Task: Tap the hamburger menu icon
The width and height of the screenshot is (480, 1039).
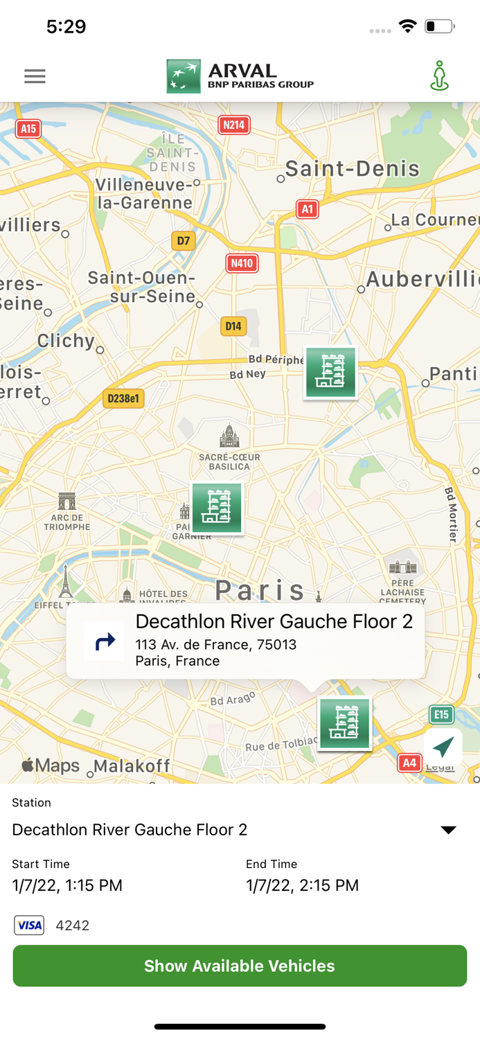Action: pos(35,76)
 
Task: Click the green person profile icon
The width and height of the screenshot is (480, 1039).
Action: pos(439,76)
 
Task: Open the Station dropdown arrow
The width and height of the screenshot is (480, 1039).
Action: pos(448,830)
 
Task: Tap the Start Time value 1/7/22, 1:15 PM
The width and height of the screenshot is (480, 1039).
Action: pos(67,885)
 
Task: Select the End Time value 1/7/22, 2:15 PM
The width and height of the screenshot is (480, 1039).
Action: pos(302,885)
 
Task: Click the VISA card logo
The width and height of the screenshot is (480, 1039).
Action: pos(29,925)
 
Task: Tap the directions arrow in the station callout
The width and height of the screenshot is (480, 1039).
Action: pos(105,641)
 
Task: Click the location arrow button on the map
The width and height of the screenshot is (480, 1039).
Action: pos(443,747)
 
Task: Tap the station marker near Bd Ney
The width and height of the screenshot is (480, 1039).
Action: pos(330,373)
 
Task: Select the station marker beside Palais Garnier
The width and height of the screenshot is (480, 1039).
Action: pos(217,508)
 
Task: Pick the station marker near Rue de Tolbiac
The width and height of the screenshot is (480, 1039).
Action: pos(344,723)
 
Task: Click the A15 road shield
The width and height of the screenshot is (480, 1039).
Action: pos(28,129)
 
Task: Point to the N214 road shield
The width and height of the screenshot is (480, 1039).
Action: pos(233,125)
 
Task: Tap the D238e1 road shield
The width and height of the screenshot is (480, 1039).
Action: pos(123,398)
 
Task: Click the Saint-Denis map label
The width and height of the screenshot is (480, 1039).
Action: pos(352,168)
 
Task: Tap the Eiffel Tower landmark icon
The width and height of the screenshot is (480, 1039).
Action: pos(65,581)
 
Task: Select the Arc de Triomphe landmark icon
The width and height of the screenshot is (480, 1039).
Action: pos(67,501)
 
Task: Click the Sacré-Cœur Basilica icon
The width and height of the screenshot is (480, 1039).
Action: pos(229,437)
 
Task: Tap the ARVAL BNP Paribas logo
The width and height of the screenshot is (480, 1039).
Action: pos(240,76)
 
